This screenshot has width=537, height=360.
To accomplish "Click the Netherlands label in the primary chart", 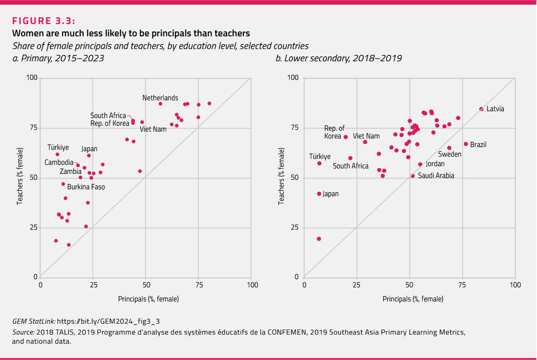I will (x=160, y=98).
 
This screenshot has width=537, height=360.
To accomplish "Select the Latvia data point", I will (x=481, y=109).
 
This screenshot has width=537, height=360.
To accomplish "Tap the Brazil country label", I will (x=478, y=145).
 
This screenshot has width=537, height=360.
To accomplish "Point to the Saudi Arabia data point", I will (x=413, y=176).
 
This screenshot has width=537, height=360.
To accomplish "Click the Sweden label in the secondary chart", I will (x=450, y=154).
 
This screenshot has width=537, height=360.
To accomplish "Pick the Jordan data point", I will (x=420, y=164).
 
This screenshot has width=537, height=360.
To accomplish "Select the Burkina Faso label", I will (x=86, y=187).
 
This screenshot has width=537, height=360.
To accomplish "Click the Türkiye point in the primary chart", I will (x=57, y=154).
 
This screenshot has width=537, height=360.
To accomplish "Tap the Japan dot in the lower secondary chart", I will (x=319, y=194).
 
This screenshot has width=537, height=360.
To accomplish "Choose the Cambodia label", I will (x=59, y=163).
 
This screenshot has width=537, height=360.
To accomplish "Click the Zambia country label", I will (x=71, y=172).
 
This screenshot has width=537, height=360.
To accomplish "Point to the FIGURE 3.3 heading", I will (x=44, y=21).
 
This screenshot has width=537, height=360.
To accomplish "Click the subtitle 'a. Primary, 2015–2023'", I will (x=58, y=58).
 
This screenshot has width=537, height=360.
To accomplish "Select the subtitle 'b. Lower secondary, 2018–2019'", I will (x=339, y=58).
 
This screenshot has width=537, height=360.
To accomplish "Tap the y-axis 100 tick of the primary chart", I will (x=31, y=78).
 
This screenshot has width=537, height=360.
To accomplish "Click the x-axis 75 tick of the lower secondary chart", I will (x=462, y=285).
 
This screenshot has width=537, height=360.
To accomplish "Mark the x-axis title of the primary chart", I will (x=148, y=299).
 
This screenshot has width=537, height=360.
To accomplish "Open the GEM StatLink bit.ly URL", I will (x=108, y=321).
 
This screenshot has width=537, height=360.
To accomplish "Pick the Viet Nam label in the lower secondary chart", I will (x=366, y=136).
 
